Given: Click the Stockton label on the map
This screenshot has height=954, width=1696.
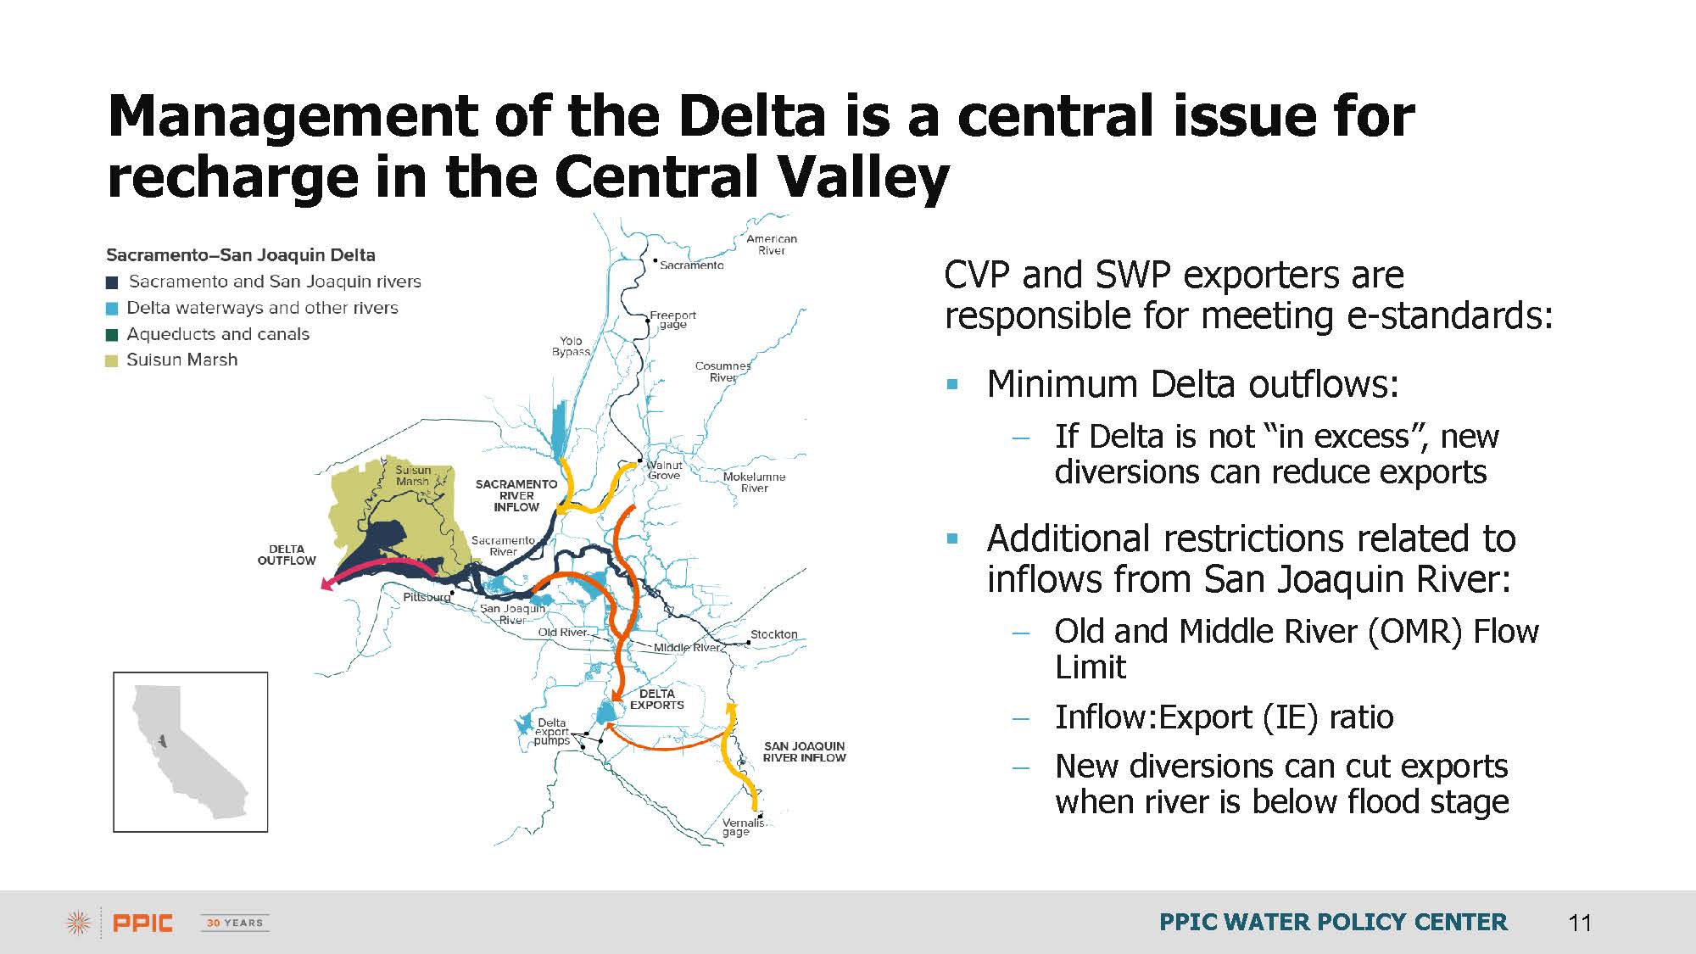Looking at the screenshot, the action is click(773, 634).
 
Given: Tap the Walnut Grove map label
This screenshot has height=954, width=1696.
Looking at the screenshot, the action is click(664, 471).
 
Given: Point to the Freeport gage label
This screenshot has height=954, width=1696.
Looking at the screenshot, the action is click(672, 320).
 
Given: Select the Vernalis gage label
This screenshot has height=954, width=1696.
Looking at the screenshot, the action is click(743, 827).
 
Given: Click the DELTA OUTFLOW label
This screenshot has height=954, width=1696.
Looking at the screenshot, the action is click(287, 555).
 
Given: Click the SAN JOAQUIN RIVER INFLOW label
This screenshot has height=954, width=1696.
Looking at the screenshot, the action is click(804, 752).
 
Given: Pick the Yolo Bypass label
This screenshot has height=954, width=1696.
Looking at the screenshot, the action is click(571, 346).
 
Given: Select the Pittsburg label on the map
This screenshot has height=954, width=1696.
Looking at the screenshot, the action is click(427, 597).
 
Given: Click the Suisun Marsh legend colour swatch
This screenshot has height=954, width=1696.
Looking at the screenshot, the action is click(112, 361).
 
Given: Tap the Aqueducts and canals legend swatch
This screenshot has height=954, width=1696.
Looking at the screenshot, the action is click(112, 335).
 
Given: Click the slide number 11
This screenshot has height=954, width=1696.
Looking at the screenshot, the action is click(1580, 923).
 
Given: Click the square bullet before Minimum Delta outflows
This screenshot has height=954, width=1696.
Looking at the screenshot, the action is click(952, 385).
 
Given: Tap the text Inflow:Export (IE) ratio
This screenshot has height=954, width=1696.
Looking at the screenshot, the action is click(1224, 717).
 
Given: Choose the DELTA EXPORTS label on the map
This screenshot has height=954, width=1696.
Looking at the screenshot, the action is click(656, 700).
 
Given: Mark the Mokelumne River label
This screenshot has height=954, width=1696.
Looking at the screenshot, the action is click(754, 483).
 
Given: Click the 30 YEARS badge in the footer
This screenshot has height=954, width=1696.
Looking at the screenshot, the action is click(235, 923).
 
